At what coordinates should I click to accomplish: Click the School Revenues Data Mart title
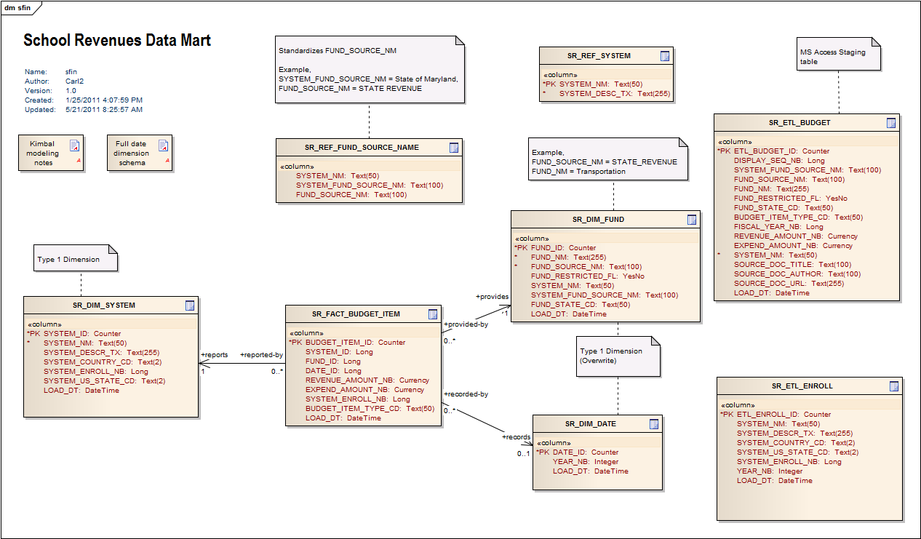pyautogui.click(x=117, y=41)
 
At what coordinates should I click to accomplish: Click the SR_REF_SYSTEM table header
pyautogui.click(x=599, y=55)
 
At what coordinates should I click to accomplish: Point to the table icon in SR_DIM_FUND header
pyautogui.click(x=692, y=219)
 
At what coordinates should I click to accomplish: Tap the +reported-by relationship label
pyautogui.click(x=261, y=355)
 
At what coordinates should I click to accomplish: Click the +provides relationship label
pyautogui.click(x=492, y=296)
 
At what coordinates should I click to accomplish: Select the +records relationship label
pyautogui.click(x=516, y=437)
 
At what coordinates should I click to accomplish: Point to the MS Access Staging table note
pyautogui.click(x=838, y=57)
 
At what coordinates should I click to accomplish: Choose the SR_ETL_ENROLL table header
pyautogui.click(x=802, y=386)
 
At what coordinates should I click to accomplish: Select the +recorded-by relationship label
pyautogui.click(x=466, y=394)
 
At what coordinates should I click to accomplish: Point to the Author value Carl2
pyautogui.click(x=75, y=81)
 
